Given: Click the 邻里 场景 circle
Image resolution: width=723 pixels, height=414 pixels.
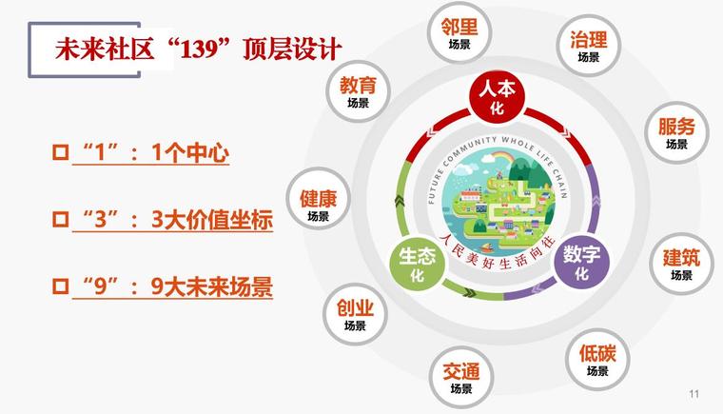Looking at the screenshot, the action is click(x=459, y=33).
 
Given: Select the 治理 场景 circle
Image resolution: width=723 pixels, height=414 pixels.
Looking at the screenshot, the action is click(x=588, y=46).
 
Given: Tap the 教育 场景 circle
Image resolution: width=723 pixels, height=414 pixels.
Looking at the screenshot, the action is click(x=358, y=91).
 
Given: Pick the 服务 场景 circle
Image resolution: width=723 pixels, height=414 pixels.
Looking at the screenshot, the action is click(x=676, y=132).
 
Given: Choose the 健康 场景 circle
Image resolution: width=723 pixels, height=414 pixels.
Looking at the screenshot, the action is click(x=318, y=199).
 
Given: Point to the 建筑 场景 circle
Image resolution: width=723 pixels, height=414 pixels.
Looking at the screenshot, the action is click(x=681, y=264).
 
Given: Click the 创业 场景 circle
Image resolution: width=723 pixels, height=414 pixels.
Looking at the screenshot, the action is click(x=355, y=314).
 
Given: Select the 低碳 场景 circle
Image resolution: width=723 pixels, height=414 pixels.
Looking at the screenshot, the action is click(x=597, y=359).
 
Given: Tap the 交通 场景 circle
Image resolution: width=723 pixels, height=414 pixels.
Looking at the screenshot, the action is click(x=460, y=377).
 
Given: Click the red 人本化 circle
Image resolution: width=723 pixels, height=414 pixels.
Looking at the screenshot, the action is click(x=497, y=97).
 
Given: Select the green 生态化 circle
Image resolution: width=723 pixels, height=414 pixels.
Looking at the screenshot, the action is click(x=417, y=264).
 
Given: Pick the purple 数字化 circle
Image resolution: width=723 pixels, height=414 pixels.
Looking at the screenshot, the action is click(x=581, y=261).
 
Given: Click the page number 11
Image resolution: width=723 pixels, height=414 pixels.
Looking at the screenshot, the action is click(x=694, y=394).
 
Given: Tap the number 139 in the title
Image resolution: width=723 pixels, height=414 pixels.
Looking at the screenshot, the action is click(x=198, y=49).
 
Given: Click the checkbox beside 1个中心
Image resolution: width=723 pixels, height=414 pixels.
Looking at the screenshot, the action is click(x=60, y=152).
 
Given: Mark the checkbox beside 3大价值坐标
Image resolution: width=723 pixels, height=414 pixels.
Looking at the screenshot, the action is click(x=60, y=219).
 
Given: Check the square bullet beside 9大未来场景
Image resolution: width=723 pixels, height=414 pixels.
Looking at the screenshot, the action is click(x=60, y=286).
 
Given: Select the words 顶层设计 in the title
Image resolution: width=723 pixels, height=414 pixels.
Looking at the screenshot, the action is click(x=292, y=49).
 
